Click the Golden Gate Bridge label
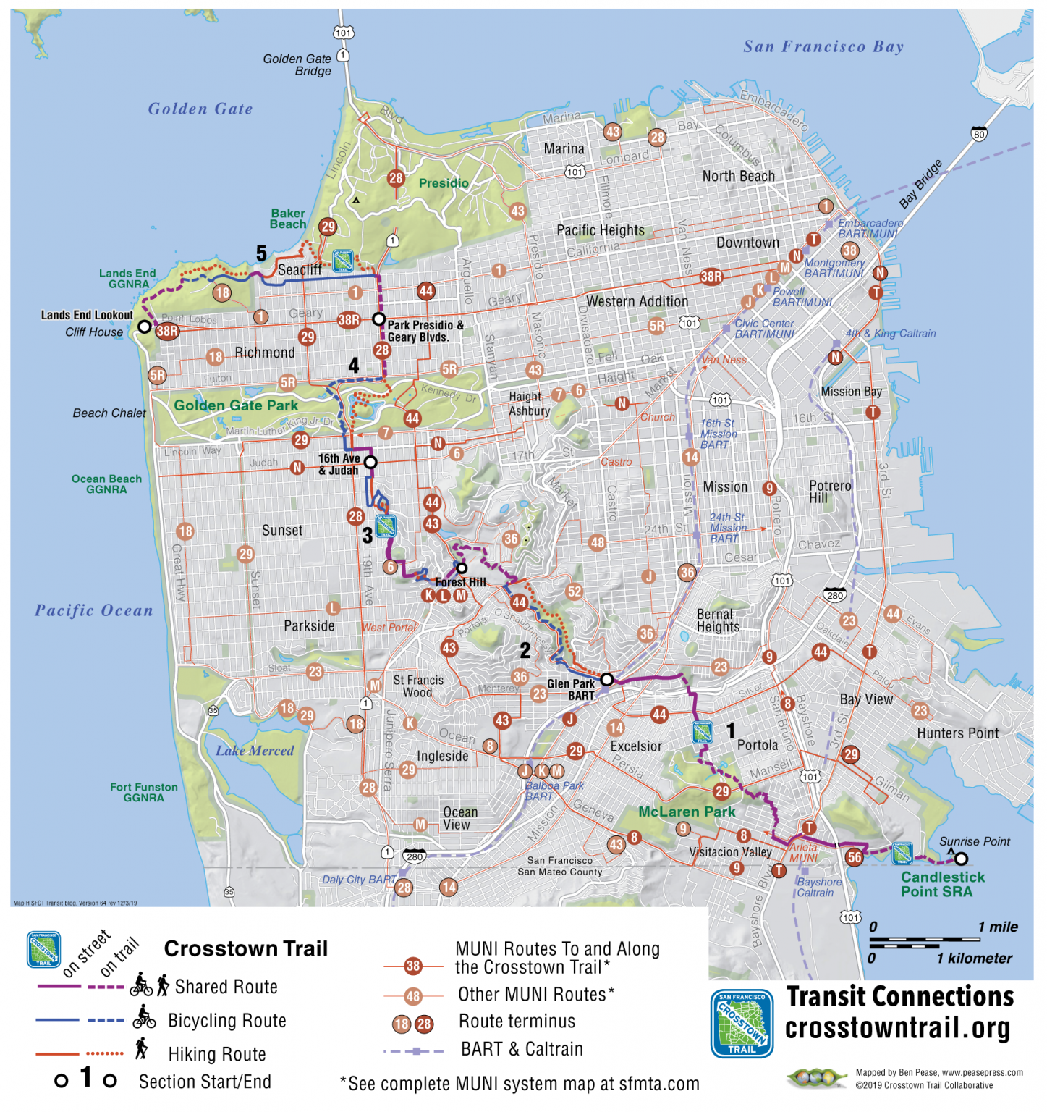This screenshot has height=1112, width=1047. [x=297, y=64]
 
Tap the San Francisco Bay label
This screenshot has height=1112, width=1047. [x=823, y=47]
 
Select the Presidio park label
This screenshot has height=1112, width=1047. [x=444, y=183]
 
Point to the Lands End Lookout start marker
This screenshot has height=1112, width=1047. [x=145, y=327]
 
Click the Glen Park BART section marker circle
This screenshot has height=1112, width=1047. [x=607, y=679]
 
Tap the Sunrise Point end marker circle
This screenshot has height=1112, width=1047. [x=961, y=859]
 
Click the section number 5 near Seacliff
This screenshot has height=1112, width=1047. [x=261, y=253]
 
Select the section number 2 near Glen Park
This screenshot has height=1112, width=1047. [x=525, y=651]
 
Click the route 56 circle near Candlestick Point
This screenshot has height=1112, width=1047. [x=855, y=857]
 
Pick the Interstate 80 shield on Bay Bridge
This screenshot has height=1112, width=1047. [x=979, y=134]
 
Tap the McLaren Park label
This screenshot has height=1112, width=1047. [x=687, y=812]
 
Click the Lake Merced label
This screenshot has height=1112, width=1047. [x=255, y=751]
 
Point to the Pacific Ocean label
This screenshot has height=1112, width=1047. [x=94, y=610]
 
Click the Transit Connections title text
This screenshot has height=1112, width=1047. [x=900, y=997]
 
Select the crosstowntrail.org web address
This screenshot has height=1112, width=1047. [x=897, y=1028]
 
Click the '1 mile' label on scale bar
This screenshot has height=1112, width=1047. [x=998, y=927]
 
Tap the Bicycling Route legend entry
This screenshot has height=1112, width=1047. [x=227, y=1021]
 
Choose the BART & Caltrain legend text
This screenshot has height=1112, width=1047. [x=522, y=1049]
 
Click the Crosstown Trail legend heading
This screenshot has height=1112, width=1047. [x=246, y=948]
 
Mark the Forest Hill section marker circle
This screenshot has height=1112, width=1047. [x=462, y=568]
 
